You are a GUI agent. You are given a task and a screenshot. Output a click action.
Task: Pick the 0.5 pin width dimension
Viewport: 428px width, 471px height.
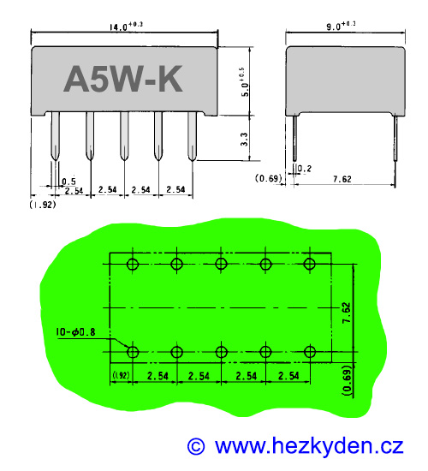click(x=68, y=181)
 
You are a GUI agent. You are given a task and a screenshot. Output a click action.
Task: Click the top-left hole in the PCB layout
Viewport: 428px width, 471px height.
click(x=132, y=264)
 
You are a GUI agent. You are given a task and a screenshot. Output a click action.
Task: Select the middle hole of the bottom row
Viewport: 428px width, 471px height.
click(x=221, y=352)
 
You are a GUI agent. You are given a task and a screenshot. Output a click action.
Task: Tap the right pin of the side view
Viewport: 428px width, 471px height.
click(x=396, y=141)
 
